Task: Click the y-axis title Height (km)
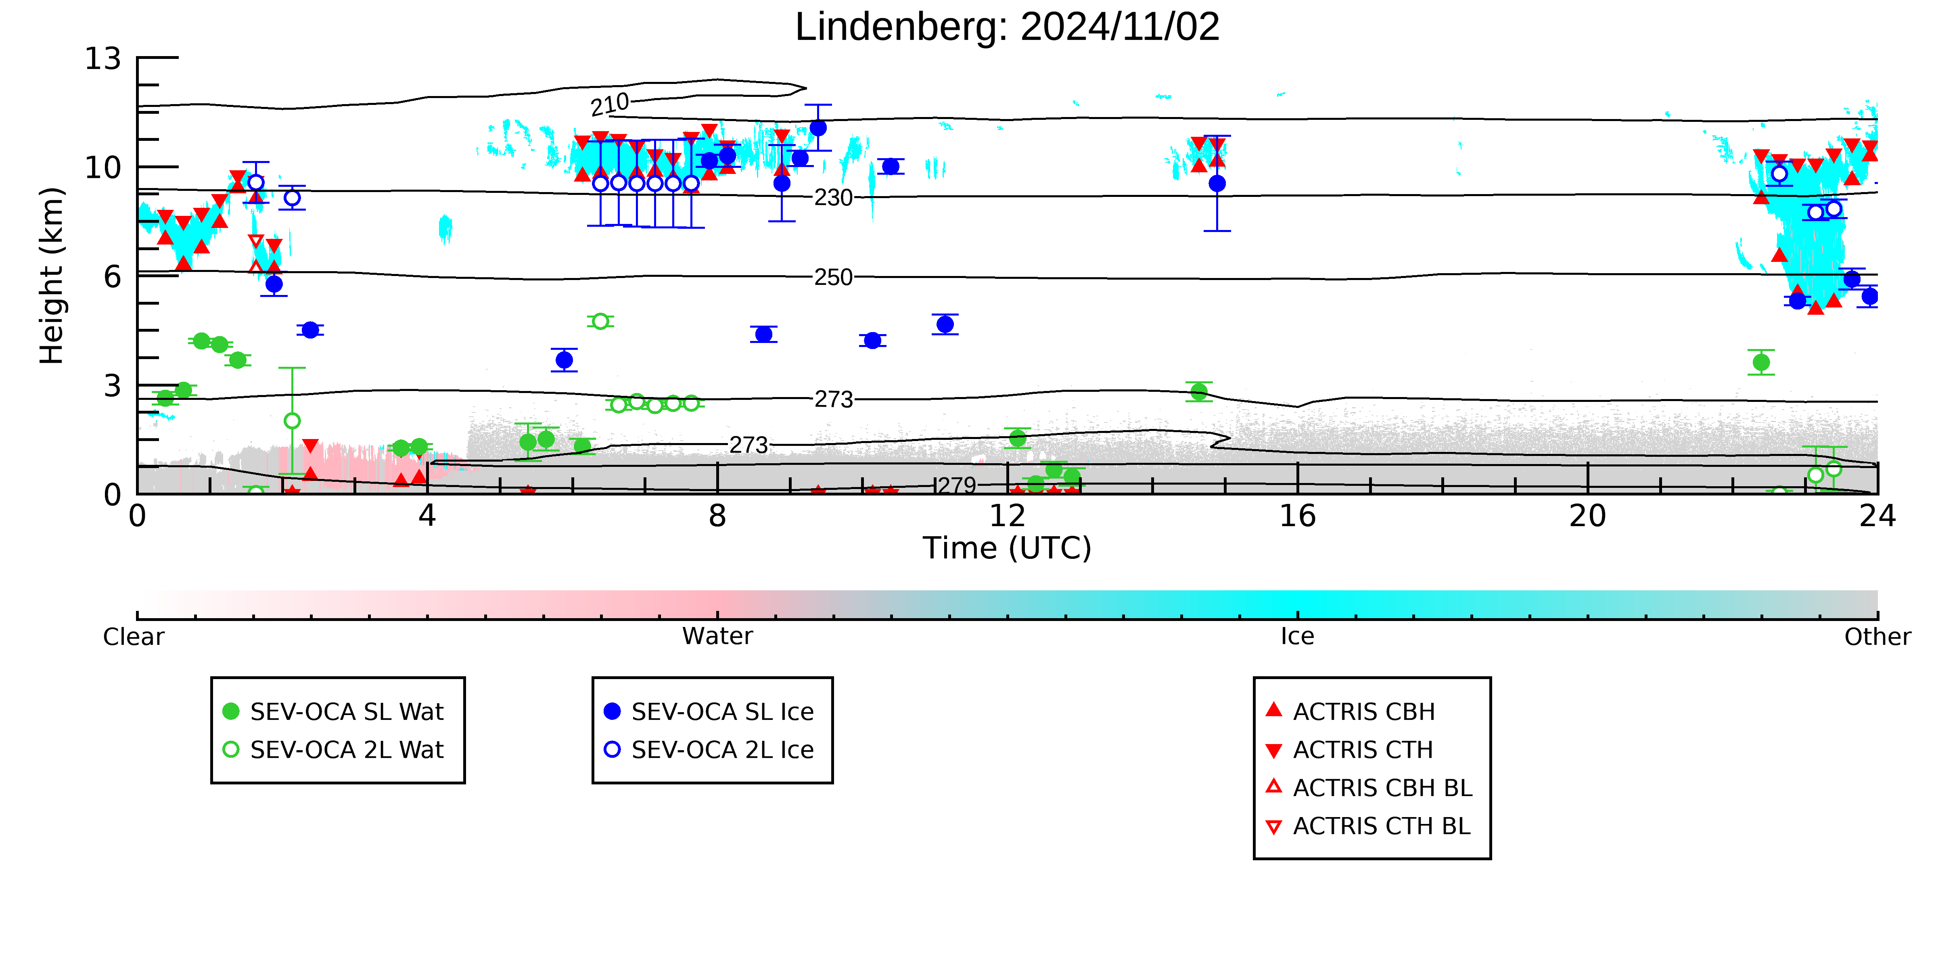coord(52,276)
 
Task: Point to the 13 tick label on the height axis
coord(102,59)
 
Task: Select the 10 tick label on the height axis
coord(102,167)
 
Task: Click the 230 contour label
coord(834,198)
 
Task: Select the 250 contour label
coord(834,277)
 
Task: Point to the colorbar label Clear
coord(134,637)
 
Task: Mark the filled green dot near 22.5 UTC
coord(1761,362)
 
